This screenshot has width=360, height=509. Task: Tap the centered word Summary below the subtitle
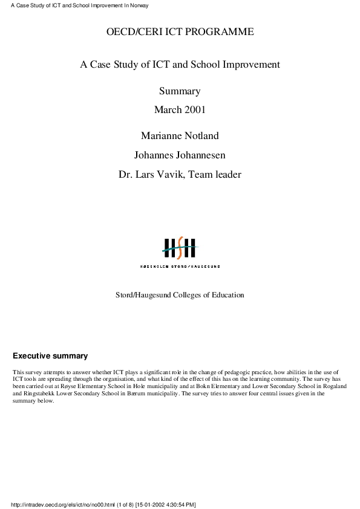tap(180, 91)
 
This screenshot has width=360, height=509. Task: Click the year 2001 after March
tap(195, 109)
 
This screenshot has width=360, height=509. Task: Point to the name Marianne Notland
tap(180, 135)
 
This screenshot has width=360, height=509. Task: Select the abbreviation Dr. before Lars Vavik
tap(126, 175)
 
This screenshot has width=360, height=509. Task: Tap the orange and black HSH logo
tap(180, 248)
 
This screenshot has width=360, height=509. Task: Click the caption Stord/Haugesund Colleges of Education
tap(180, 295)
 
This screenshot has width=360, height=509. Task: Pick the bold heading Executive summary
tap(50, 356)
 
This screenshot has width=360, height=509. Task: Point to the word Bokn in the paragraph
tap(208, 386)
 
